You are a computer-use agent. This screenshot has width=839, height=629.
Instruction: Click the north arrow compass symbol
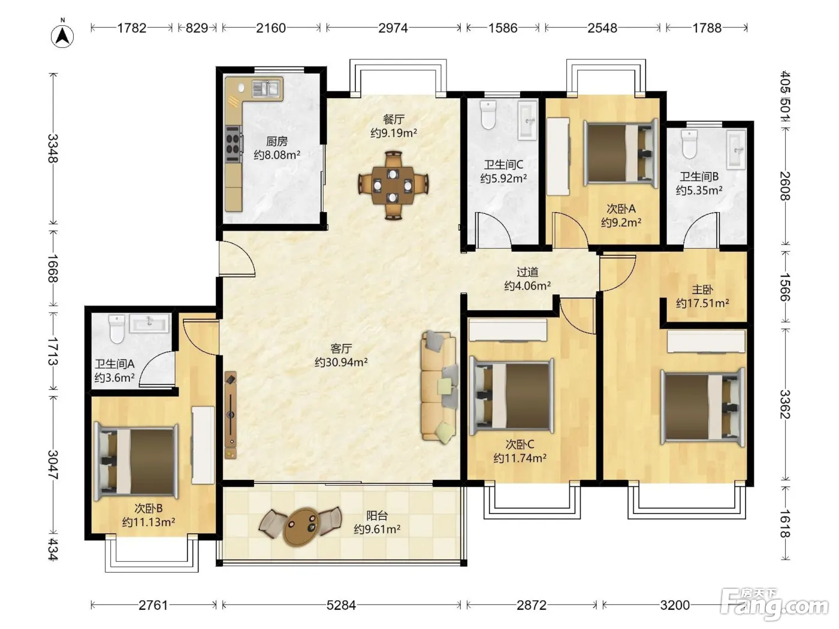click(62, 37)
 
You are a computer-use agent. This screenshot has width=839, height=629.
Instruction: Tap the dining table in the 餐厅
click(393, 185)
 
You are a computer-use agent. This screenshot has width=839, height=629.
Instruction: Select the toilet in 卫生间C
click(488, 114)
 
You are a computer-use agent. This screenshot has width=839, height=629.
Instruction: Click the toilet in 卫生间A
click(117, 328)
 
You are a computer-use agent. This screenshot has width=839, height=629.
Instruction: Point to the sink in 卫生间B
click(736, 150)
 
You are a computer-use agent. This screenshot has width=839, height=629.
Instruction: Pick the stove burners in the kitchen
click(233, 144)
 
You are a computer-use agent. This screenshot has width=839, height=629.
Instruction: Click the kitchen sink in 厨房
click(267, 89)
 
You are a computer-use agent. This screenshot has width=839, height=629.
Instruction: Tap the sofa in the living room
click(439, 387)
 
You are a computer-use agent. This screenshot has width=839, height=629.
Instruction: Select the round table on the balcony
click(303, 527)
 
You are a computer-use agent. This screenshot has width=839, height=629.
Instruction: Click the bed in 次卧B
click(137, 461)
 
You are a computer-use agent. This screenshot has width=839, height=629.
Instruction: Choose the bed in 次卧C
click(512, 395)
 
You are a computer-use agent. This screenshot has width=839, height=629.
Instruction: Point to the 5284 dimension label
click(341, 605)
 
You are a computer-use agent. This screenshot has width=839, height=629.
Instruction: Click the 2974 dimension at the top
click(393, 28)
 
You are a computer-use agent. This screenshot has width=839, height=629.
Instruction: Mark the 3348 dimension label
click(53, 149)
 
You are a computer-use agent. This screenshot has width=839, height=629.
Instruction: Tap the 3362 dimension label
click(785, 404)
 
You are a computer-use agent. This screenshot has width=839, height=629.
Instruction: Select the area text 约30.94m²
click(341, 362)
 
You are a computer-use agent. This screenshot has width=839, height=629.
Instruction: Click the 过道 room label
click(527, 272)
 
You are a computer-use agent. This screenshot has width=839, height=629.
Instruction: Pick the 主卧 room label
click(702, 289)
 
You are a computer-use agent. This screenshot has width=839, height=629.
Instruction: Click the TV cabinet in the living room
click(231, 415)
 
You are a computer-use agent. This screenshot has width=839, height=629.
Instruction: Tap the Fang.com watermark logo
click(774, 604)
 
